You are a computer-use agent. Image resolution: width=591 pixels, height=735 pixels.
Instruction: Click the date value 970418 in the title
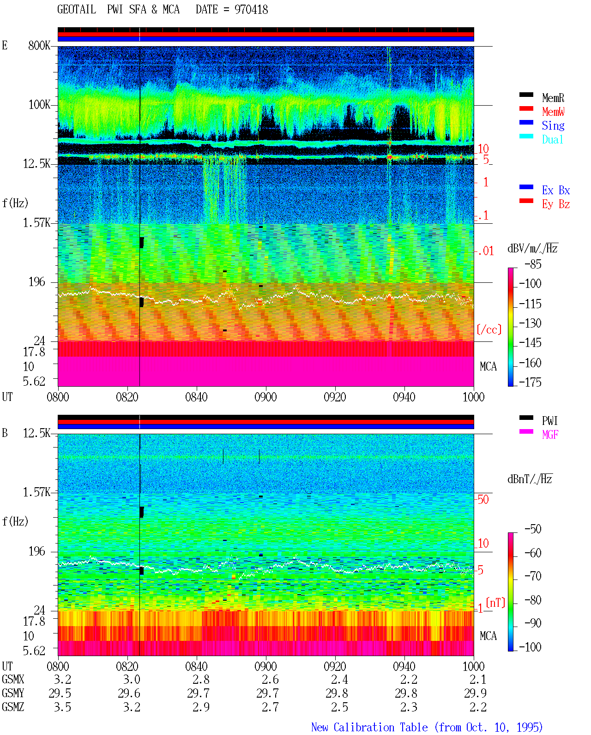coord(251,10)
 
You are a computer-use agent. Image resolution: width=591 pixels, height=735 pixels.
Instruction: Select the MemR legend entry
coord(553,98)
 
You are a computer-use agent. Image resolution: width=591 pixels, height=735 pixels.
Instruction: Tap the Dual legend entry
coord(552,139)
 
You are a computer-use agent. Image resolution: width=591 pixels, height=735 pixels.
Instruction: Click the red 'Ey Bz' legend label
coord(555,204)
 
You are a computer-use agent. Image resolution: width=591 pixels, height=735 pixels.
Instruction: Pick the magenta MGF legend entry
coord(550,435)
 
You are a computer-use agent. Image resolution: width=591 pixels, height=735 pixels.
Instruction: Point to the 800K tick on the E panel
coord(39,45)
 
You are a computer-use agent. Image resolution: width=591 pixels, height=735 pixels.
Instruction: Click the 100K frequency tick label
coord(39,105)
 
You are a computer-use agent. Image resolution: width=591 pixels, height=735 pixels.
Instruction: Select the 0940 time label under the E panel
coord(404,397)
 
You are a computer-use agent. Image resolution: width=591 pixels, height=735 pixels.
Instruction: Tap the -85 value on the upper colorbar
coord(533,264)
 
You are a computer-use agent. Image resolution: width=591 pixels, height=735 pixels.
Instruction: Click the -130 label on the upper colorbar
coord(530,323)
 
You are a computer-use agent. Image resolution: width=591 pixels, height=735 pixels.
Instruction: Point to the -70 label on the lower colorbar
coord(533,576)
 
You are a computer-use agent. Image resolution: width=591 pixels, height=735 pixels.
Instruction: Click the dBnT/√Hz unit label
coord(530,479)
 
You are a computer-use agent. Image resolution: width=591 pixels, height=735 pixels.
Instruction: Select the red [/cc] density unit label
coord(489,329)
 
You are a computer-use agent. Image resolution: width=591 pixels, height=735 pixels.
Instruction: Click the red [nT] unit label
coord(495,603)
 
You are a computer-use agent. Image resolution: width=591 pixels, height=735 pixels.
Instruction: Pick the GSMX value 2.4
coord(339,680)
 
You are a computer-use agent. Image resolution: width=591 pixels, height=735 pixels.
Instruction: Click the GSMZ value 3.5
coord(62,707)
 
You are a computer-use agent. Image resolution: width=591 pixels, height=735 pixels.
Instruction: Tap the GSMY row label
coord(13,693)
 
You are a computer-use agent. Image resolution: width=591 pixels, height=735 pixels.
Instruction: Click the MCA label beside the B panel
coord(488,636)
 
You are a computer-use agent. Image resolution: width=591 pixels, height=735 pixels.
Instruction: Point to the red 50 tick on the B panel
coord(483,500)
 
